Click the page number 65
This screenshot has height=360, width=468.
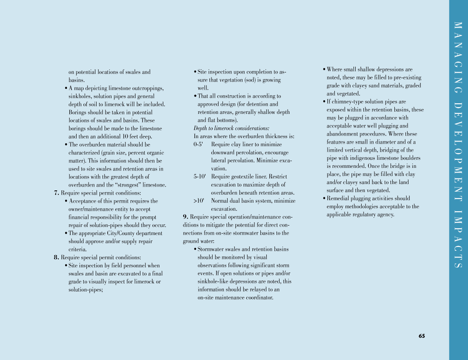(x=421, y=336)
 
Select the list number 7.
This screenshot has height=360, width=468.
(x=57, y=193)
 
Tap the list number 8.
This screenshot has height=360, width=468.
(x=57, y=257)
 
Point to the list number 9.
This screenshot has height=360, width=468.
(x=186, y=217)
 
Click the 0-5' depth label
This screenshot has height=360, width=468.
(x=199, y=145)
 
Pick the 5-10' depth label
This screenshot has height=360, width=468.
(x=200, y=176)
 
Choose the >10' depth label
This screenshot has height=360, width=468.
(x=199, y=201)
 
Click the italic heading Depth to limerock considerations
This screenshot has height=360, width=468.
(x=231, y=128)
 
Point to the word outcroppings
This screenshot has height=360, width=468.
(x=147, y=88)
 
